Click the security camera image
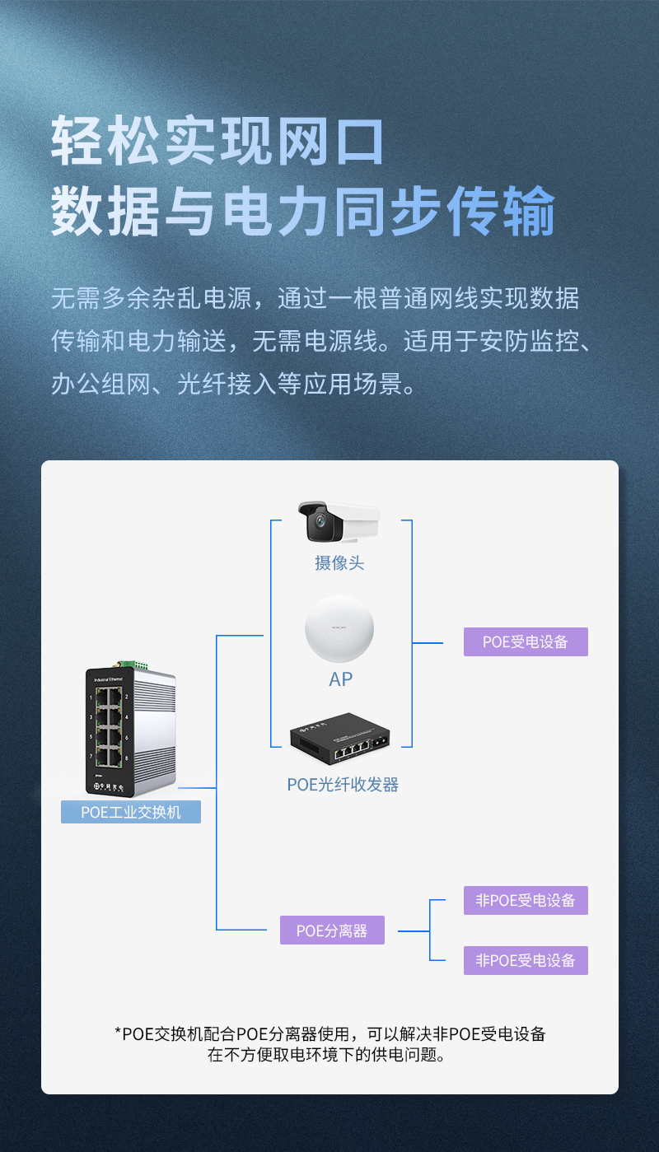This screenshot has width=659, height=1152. point(338,522)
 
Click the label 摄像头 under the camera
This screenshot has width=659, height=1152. point(339,563)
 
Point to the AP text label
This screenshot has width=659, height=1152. point(340,679)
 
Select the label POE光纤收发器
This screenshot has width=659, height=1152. point(343,785)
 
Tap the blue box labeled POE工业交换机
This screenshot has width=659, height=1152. point(131,812)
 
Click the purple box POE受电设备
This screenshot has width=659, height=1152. point(526,641)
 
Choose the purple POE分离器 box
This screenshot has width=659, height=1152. point(332,930)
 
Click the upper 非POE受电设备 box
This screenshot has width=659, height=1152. point(526,900)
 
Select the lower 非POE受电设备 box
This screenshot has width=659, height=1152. point(526,960)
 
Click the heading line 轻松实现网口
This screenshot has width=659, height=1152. point(218,142)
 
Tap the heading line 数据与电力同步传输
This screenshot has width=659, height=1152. point(303,212)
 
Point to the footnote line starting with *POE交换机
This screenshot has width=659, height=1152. point(329,1033)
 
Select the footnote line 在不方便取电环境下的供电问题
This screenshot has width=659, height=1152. point(329,1055)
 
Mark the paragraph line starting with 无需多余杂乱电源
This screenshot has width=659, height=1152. point(315,298)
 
